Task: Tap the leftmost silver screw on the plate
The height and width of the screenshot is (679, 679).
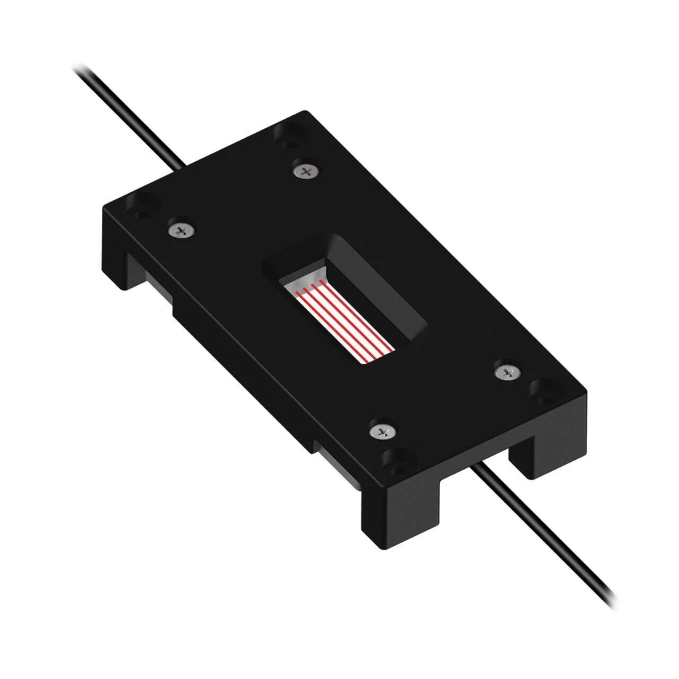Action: tap(182, 229)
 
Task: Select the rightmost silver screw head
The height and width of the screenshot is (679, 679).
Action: tap(505, 371)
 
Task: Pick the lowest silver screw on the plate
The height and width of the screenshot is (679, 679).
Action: tap(382, 430)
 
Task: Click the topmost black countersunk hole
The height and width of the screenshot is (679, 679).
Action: tap(289, 137)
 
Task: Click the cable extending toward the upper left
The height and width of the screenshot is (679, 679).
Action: tap(127, 113)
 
